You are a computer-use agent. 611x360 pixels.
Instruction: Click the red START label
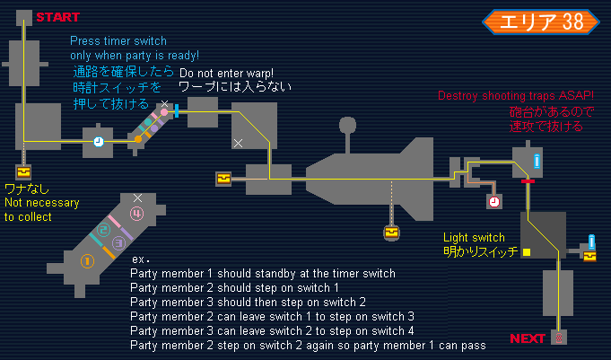(58, 17)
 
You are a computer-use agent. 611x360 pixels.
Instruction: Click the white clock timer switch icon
(98, 142)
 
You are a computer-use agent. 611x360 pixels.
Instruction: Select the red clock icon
(494, 202)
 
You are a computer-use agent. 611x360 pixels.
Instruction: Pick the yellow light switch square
(527, 252)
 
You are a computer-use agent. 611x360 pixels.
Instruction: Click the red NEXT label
(528, 338)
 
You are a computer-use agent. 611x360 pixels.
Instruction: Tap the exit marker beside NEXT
(559, 338)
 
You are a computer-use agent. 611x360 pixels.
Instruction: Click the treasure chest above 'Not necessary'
(23, 171)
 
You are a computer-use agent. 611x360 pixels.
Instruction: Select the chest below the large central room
(390, 233)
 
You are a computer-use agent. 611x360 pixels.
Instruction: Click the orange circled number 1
(87, 260)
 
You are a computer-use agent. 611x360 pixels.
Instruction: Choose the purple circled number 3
(118, 242)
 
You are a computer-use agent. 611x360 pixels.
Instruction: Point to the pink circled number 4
(136, 214)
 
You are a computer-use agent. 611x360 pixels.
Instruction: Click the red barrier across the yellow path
(528, 180)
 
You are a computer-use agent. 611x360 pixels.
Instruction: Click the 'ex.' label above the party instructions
(138, 259)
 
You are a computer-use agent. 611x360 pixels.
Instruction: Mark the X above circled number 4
(137, 197)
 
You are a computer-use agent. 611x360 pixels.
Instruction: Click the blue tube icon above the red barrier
(537, 162)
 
